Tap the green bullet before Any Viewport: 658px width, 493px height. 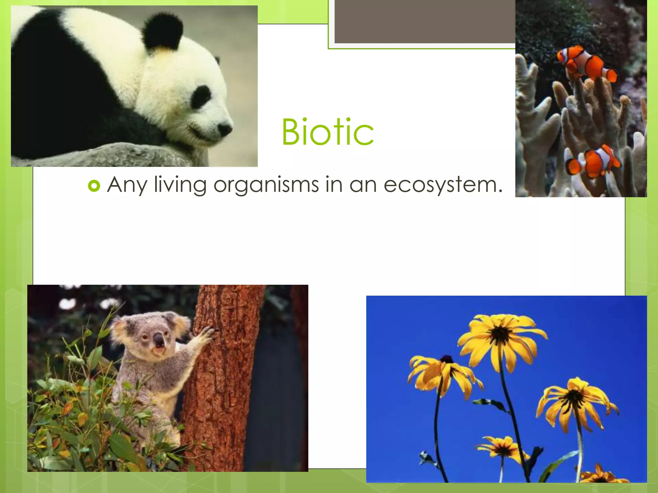pyautogui.click(x=94, y=186)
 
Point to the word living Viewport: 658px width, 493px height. pyautogui.click(x=180, y=186)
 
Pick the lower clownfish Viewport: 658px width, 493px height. pyautogui.click(x=594, y=162)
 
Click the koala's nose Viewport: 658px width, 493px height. pyautogui.click(x=158, y=340)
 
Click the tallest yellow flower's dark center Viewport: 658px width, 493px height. pyautogui.click(x=500, y=335)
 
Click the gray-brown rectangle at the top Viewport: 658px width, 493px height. pyautogui.click(x=424, y=21)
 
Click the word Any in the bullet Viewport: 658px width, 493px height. pyautogui.click(x=127, y=186)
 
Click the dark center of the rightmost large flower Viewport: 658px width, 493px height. pyautogui.click(x=574, y=398)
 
